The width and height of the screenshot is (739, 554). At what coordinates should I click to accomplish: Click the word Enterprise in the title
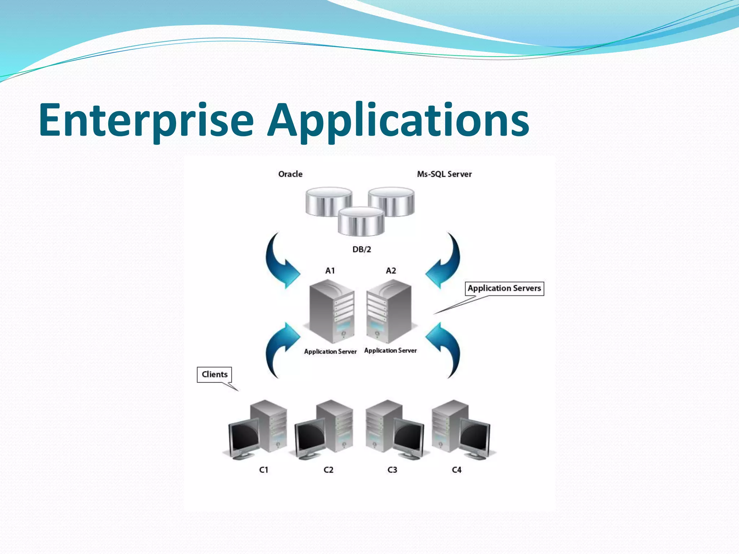(x=146, y=121)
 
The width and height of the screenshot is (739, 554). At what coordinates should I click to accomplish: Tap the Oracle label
(x=290, y=174)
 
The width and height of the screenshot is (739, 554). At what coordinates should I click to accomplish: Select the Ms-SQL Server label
(x=444, y=174)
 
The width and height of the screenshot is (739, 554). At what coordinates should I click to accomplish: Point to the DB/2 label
(x=362, y=249)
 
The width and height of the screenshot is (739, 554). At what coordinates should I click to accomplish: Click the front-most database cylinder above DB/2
(x=361, y=222)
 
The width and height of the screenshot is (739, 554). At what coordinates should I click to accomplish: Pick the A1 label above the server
(x=330, y=271)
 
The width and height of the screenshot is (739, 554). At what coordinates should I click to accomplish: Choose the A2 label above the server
(x=391, y=271)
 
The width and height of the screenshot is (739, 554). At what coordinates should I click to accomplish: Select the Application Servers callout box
(x=504, y=289)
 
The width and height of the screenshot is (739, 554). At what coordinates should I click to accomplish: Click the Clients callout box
(x=214, y=374)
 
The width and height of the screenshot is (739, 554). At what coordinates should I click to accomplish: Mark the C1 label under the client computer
(x=264, y=470)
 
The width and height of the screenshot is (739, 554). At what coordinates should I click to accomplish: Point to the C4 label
(x=456, y=470)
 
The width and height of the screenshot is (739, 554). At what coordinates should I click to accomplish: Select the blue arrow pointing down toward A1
(x=280, y=261)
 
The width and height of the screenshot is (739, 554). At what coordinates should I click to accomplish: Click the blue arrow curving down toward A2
(x=446, y=261)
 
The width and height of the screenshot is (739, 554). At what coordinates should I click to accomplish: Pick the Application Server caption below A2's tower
(x=390, y=351)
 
